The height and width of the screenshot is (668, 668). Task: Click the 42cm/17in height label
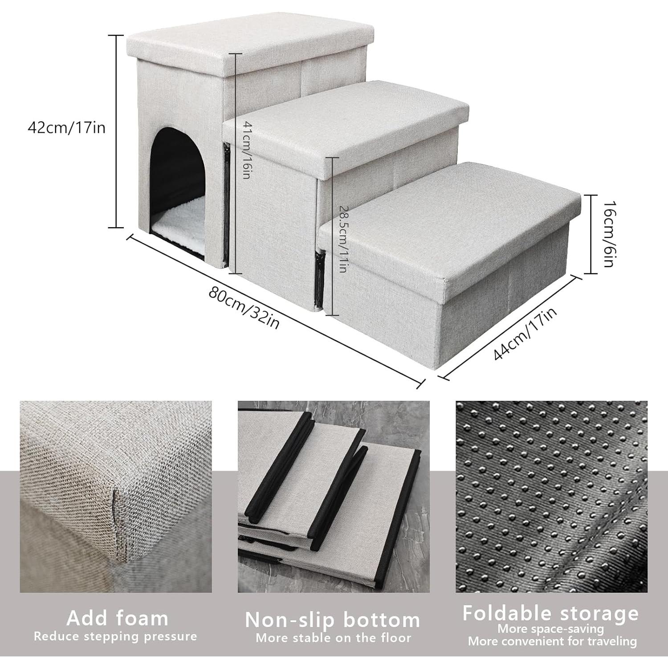(67, 128)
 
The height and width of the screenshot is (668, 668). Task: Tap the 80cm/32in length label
(244, 308)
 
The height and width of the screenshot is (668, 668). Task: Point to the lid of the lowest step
(450, 218)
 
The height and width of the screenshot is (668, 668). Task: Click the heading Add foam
(118, 618)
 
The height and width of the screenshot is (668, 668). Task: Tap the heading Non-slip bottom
(333, 620)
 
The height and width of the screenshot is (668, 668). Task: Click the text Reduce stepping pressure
(115, 636)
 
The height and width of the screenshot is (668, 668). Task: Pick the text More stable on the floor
(333, 638)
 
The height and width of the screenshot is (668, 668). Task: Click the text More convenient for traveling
(552, 641)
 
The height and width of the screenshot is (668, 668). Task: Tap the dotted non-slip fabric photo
(551, 497)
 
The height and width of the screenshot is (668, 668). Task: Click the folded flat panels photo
(334, 497)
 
